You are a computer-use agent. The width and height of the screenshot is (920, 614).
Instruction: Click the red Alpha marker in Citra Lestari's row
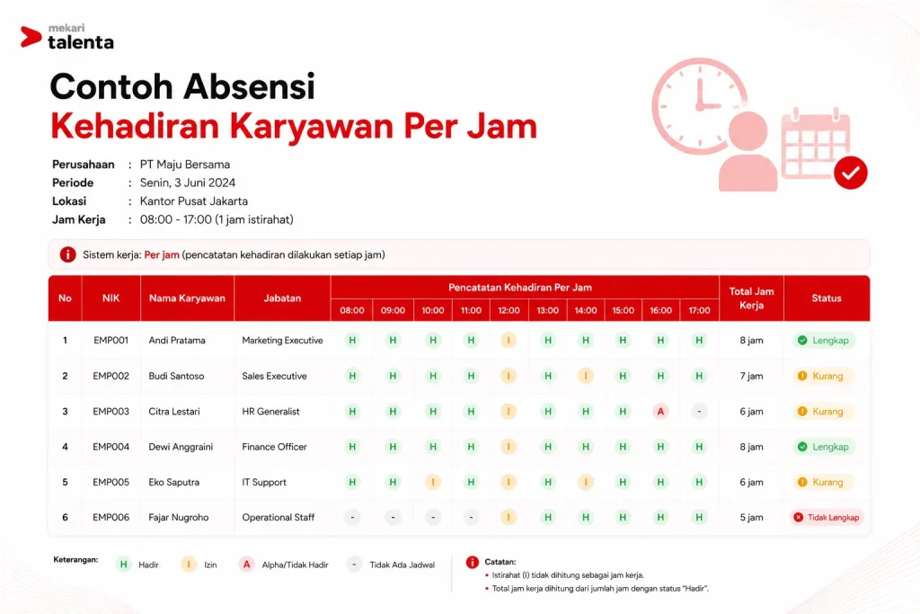point(660,412)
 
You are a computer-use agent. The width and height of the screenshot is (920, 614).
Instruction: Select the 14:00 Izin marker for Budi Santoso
point(586,376)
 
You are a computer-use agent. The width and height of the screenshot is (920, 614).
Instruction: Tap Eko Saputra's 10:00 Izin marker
point(433,482)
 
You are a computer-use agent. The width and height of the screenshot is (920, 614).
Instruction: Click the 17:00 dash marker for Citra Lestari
point(699,412)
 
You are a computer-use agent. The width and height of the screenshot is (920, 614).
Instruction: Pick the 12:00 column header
point(509,310)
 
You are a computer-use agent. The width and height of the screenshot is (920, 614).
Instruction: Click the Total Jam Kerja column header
point(751,298)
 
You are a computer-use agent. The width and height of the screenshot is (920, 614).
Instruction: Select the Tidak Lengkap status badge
point(827,517)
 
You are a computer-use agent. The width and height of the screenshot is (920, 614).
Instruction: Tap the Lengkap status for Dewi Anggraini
point(824,447)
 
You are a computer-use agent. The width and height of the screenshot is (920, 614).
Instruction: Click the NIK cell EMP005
point(111,482)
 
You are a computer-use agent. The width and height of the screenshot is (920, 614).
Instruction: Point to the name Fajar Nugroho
point(179,517)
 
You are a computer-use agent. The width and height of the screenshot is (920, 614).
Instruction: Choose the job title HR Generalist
point(270,412)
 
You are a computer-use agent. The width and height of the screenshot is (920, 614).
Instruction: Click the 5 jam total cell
point(751,517)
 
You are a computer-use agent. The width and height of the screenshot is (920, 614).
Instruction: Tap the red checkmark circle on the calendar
point(851,173)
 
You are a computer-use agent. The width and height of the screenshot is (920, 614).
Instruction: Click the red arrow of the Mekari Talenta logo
point(31,36)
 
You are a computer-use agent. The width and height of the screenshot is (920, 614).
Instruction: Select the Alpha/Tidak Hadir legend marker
point(246,565)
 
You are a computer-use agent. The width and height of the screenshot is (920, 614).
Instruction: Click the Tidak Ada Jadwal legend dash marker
point(354,565)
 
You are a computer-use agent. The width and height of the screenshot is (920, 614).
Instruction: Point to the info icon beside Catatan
point(473,563)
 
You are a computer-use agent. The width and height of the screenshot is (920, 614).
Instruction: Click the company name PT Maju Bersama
point(185,165)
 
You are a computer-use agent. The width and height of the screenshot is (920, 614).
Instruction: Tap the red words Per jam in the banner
point(162,254)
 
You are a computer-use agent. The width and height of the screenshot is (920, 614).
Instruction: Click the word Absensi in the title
point(249,86)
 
